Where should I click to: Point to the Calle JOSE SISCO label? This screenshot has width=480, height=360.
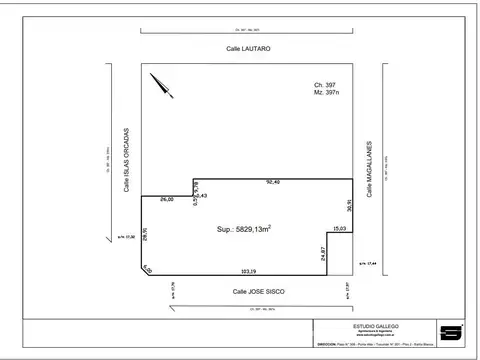coord(259,291)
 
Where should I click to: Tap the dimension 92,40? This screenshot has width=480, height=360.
coord(272,182)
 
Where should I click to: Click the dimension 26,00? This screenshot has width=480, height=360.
coord(166,200)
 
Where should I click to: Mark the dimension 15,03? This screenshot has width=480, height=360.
coord(341,229)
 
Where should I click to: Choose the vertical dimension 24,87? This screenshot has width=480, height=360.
coord(324,254)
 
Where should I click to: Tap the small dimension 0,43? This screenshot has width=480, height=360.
coord(201,195)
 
